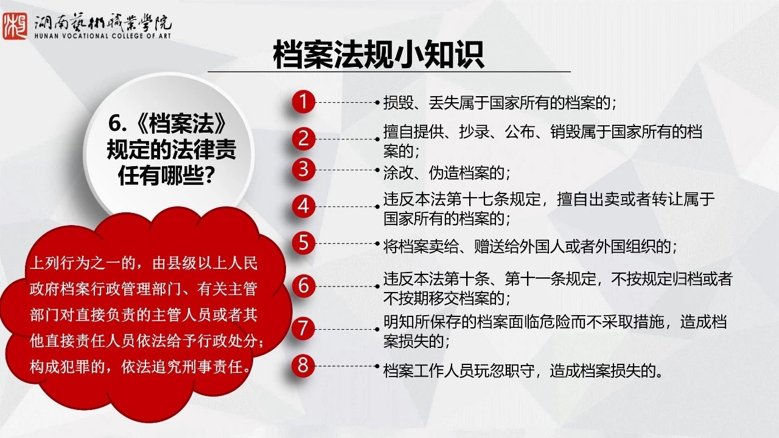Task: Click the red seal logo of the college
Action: [x=15, y=26]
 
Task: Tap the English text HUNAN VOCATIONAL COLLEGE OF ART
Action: [x=103, y=36]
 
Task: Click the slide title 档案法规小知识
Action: [x=378, y=55]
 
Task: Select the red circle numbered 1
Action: [x=303, y=102]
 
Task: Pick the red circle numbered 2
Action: [x=303, y=139]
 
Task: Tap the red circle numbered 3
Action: [x=303, y=170]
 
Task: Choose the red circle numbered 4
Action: [x=303, y=206]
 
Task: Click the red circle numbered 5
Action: [x=303, y=243]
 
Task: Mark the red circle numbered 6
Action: [x=303, y=286]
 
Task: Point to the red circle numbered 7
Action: [x=303, y=329]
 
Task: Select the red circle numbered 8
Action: [x=303, y=366]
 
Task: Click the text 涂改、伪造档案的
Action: [x=444, y=172]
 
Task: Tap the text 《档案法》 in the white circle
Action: [x=181, y=124]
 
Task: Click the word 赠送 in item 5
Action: [x=489, y=246]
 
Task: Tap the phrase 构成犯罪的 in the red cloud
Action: [x=68, y=367]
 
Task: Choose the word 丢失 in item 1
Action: [x=444, y=103]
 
